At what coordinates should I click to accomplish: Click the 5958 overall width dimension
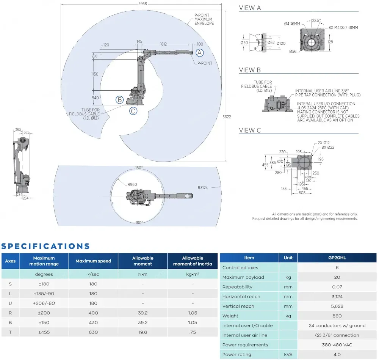pyautogui.click(x=143, y=4)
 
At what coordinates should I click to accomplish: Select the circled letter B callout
pyautogui.click(x=120, y=100)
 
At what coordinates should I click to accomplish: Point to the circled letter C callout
pyautogui.click(x=133, y=111)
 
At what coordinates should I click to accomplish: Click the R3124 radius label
pyautogui.click(x=204, y=187)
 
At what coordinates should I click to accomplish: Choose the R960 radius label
pyautogui.click(x=132, y=184)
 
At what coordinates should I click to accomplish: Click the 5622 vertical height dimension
pyautogui.click(x=226, y=117)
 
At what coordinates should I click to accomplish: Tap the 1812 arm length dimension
pyautogui.click(x=163, y=44)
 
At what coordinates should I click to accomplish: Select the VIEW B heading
pyautogui.click(x=250, y=70)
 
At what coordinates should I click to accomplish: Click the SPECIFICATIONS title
pyautogui.click(x=45, y=246)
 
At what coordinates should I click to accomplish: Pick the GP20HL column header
pyautogui.click(x=337, y=258)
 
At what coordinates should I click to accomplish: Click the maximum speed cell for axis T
pyautogui.click(x=93, y=332)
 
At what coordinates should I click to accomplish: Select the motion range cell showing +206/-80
pyautogui.click(x=44, y=303)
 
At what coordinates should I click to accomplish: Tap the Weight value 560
pyautogui.click(x=337, y=316)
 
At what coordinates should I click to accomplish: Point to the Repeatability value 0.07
pyautogui.click(x=337, y=287)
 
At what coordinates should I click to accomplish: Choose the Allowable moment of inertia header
pyautogui.click(x=193, y=261)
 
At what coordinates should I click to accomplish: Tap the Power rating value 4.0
pyautogui.click(x=337, y=354)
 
